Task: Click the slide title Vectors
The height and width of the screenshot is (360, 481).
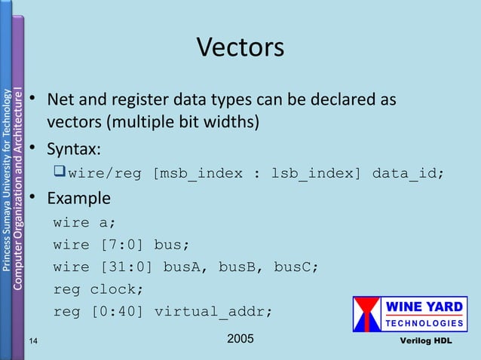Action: [x=240, y=47]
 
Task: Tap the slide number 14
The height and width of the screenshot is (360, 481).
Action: [x=33, y=341]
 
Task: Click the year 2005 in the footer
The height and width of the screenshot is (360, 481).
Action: [x=240, y=340]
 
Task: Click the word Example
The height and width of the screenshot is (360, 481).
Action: [x=78, y=199]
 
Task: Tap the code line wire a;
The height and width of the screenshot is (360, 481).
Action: [x=84, y=223]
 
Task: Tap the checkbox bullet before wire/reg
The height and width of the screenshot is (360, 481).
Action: [x=60, y=173]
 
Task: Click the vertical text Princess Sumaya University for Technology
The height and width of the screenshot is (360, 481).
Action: [x=6, y=181]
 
